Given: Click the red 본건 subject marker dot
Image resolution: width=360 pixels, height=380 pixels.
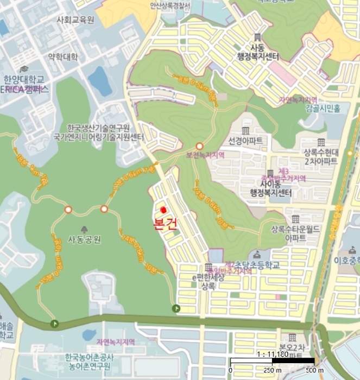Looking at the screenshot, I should [163, 210].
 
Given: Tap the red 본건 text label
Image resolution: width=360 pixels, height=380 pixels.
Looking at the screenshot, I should [165, 225].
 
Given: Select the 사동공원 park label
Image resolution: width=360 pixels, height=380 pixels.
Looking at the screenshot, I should [84, 239].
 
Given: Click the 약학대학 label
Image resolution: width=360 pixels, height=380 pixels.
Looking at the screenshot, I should [63, 56].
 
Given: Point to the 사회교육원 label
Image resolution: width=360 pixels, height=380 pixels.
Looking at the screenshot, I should [75, 20].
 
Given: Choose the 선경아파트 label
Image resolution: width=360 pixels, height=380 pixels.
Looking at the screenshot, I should [245, 141].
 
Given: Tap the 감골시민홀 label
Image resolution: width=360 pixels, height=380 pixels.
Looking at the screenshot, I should [323, 109].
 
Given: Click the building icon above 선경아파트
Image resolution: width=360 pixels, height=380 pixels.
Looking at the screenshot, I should [245, 131].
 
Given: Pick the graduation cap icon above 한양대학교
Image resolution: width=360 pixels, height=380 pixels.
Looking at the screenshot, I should [24, 69].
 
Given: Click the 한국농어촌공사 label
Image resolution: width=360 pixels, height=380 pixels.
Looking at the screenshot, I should [91, 358].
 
